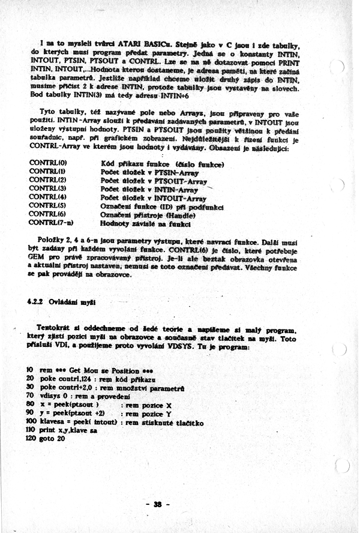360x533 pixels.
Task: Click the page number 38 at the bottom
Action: pyautogui.click(x=158, y=504)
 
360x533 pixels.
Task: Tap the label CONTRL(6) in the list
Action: pyautogui.click(x=48, y=214)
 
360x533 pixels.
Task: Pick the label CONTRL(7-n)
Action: pyautogui.click(x=50, y=223)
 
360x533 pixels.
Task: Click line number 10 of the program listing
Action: pyautogui.click(x=30, y=368)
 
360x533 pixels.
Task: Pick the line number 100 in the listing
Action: pyautogui.click(x=31, y=422)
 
